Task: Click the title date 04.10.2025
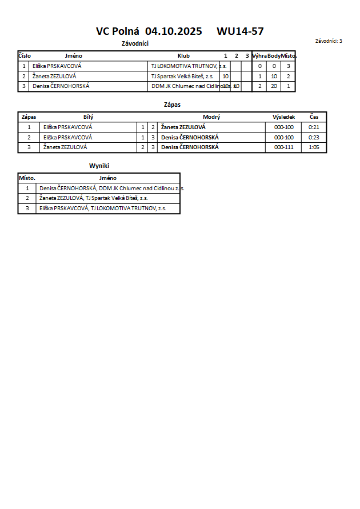[174, 31]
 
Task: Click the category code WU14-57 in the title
[240, 31]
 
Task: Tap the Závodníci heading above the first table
[135, 43]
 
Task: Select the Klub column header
[183, 56]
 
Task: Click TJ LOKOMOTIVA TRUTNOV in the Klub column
[189, 66]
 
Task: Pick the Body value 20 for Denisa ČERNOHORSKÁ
[274, 86]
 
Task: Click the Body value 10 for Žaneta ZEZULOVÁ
[274, 76]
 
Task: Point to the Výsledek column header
[283, 117]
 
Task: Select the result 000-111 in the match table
[283, 147]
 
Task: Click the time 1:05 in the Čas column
[314, 147]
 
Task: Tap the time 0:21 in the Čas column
[314, 127]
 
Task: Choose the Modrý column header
[211, 117]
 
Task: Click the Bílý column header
[88, 117]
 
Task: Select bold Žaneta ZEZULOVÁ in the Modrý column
[183, 127]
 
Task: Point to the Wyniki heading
[99, 166]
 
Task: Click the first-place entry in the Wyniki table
[111, 188]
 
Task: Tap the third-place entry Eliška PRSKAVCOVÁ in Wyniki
[102, 209]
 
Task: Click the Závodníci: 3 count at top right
[329, 41]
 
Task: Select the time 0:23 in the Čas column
[314, 138]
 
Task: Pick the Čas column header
[314, 117]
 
